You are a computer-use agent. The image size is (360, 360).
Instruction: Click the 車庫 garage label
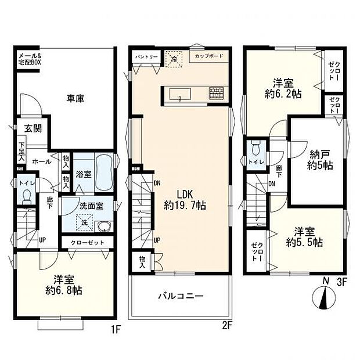(x=74, y=99)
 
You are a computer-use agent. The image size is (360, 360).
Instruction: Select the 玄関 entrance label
(x=33, y=129)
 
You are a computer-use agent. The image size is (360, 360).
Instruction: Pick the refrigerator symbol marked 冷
(x=173, y=58)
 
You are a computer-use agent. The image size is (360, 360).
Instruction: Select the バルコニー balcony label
(x=181, y=296)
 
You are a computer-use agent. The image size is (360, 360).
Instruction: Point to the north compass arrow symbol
(x=324, y=298)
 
